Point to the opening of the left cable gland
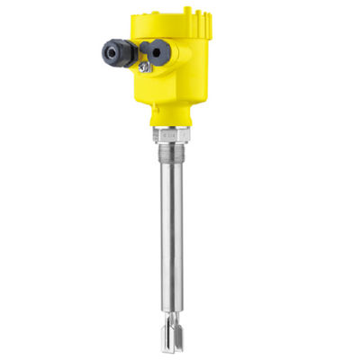[111, 53]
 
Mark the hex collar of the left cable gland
[127, 55]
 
